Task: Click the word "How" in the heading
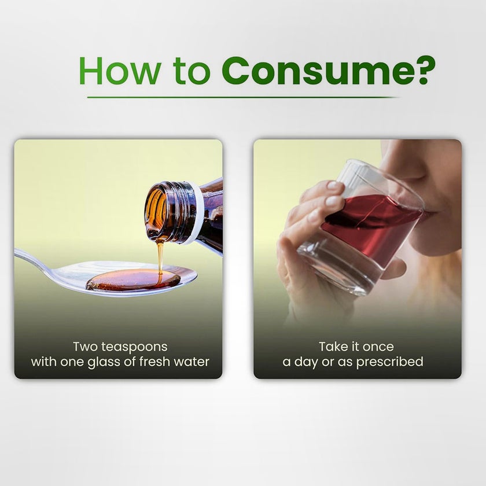pos(120,71)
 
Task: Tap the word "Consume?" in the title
pos(329,71)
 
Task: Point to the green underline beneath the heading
pos(242,97)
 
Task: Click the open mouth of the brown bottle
pos(157,211)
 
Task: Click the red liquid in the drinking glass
pos(372,223)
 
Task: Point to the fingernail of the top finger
pos(333,185)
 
